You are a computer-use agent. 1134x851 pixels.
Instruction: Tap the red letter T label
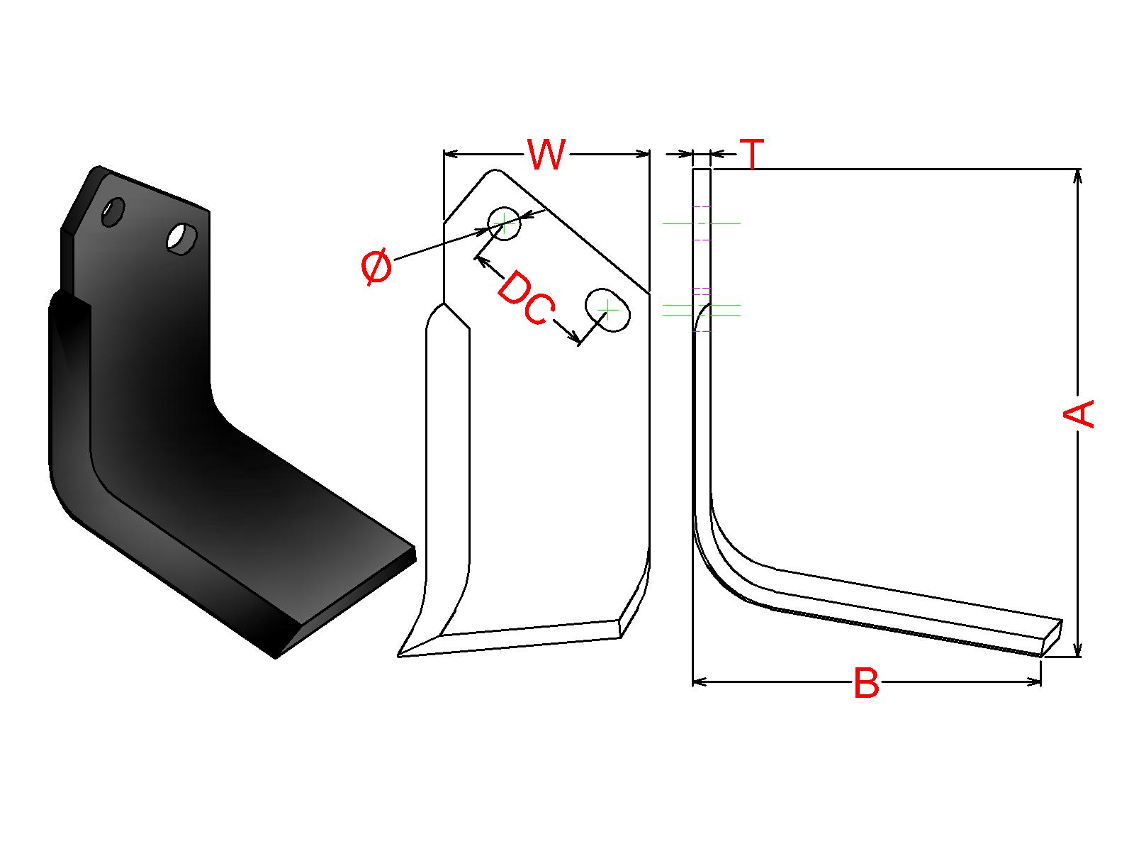click(753, 154)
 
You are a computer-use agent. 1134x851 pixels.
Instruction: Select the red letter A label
click(1079, 413)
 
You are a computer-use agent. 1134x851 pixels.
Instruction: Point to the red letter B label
click(866, 683)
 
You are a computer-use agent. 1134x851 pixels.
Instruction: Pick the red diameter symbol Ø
click(376, 267)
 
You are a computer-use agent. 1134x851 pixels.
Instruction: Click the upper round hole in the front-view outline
click(505, 224)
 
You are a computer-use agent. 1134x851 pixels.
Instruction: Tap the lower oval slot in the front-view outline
click(607, 309)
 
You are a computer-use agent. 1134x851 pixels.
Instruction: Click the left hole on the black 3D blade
click(113, 211)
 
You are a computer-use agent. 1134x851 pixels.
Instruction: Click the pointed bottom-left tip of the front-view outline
click(400, 655)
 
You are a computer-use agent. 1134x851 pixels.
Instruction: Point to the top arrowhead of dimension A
click(1078, 174)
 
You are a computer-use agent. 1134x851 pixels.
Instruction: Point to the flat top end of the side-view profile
click(701, 169)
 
